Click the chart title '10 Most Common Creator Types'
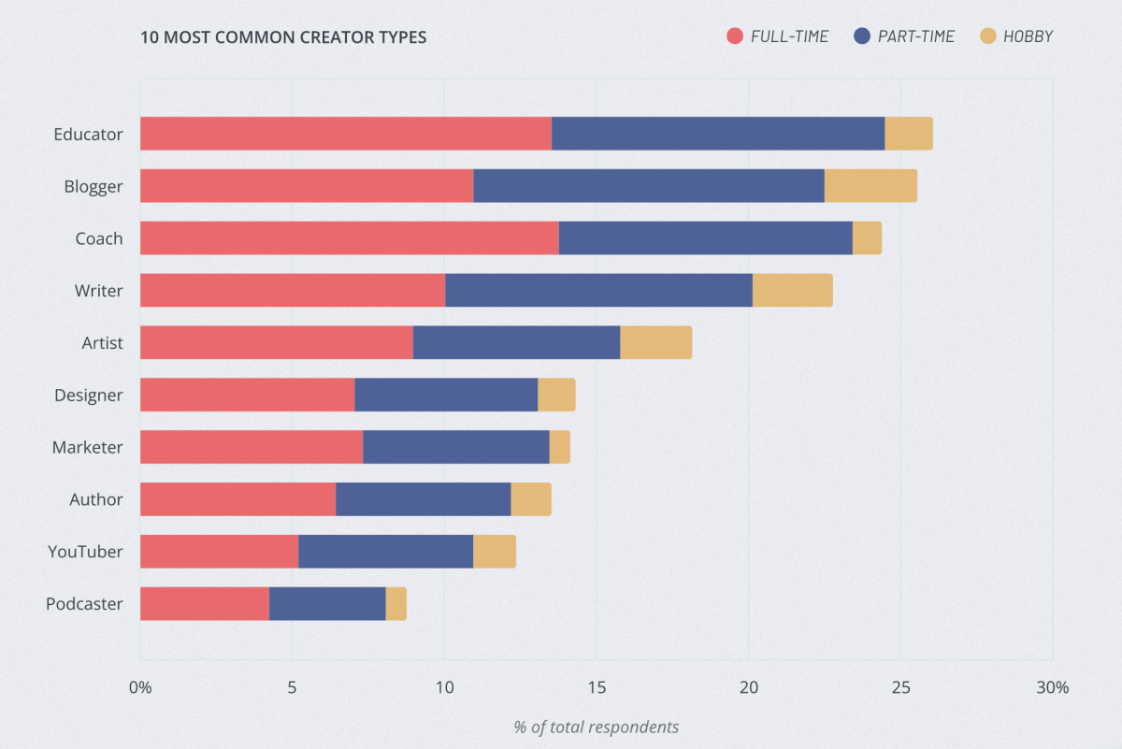(x=283, y=37)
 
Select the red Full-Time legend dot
(x=735, y=36)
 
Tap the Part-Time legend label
(x=915, y=36)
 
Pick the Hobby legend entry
(x=1027, y=36)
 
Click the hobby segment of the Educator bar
(x=908, y=134)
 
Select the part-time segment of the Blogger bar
(x=648, y=186)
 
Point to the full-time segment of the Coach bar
(x=349, y=238)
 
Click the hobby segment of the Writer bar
(x=792, y=291)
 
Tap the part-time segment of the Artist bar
(x=516, y=343)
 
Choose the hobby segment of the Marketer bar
(x=559, y=447)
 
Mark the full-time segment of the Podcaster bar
(x=204, y=603)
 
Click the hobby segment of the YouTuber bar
(x=494, y=552)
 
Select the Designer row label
(x=88, y=395)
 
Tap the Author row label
(x=95, y=499)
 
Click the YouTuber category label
(x=85, y=552)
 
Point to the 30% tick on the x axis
(x=1052, y=687)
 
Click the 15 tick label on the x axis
(x=596, y=687)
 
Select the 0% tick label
(x=140, y=687)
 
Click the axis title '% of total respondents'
(x=596, y=727)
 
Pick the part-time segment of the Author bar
(x=423, y=499)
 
